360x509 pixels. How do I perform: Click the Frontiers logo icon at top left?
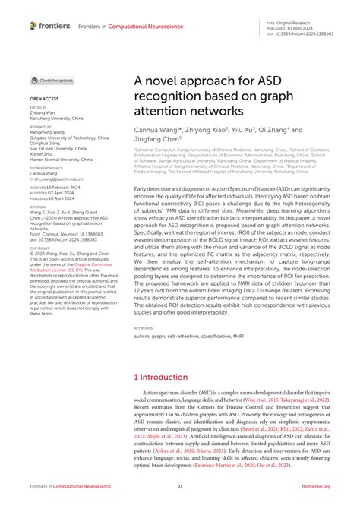[x=33, y=25]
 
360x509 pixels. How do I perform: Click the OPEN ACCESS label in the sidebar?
[x=44, y=99]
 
